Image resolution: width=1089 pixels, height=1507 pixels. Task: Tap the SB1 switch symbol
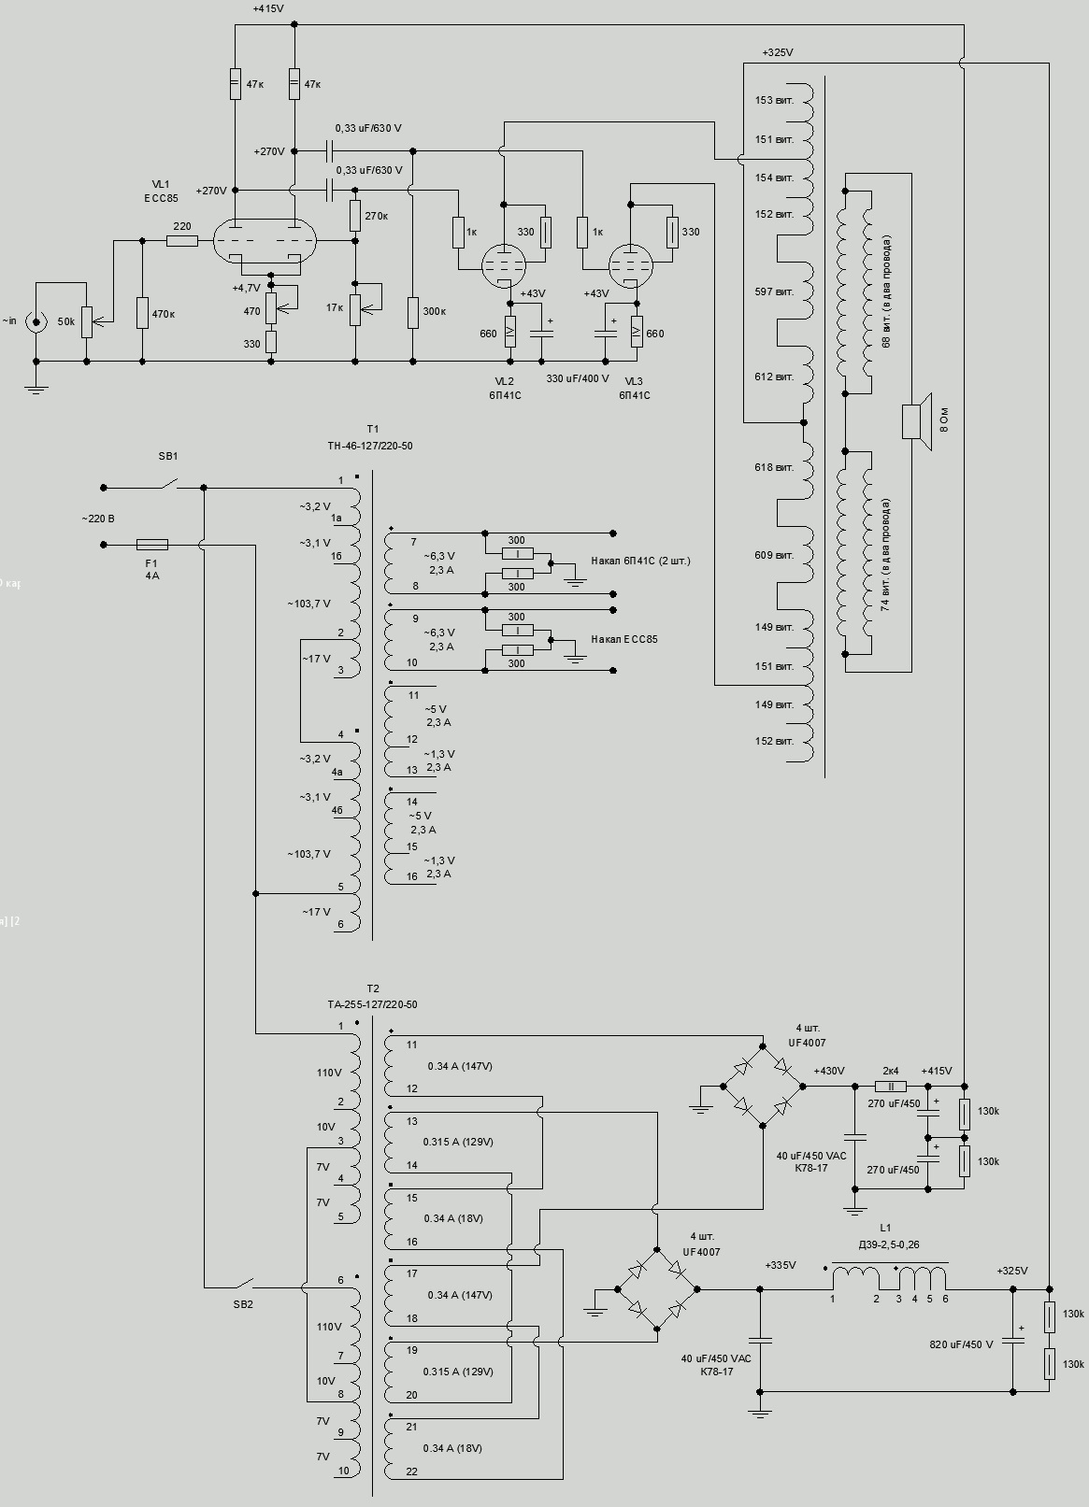click(167, 485)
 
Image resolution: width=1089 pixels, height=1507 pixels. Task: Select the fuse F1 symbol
click(152, 544)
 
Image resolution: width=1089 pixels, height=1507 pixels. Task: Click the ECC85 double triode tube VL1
click(265, 241)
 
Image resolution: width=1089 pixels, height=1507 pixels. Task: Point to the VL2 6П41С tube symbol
click(503, 266)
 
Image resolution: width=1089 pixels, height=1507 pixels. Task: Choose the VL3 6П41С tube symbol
click(631, 266)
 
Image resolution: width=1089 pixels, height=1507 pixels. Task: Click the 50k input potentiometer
click(87, 321)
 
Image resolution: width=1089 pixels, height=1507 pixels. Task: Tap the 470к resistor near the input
click(143, 313)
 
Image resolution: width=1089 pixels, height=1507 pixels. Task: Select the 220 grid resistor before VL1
click(182, 241)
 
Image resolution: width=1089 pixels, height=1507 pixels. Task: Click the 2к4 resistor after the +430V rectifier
click(890, 1087)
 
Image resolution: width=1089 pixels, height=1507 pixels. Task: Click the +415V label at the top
click(268, 8)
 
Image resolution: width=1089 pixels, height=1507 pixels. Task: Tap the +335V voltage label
click(780, 1265)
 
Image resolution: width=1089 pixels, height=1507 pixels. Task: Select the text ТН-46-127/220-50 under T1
click(370, 447)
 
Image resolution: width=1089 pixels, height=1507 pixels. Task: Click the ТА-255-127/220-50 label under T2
click(372, 1004)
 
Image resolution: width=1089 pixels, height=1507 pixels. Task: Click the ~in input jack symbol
click(36, 322)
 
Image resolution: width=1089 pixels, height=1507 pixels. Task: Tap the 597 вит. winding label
click(774, 291)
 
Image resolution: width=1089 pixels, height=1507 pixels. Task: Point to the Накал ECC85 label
click(623, 639)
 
